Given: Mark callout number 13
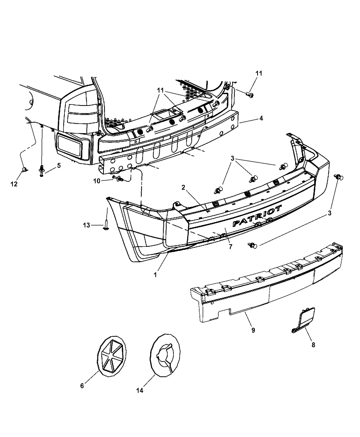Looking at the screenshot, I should [x=87, y=225].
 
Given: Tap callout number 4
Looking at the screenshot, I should [x=261, y=118].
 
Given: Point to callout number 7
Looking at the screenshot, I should [x=230, y=246].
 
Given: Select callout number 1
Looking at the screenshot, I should [x=156, y=275].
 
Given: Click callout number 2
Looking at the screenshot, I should [x=183, y=187].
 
